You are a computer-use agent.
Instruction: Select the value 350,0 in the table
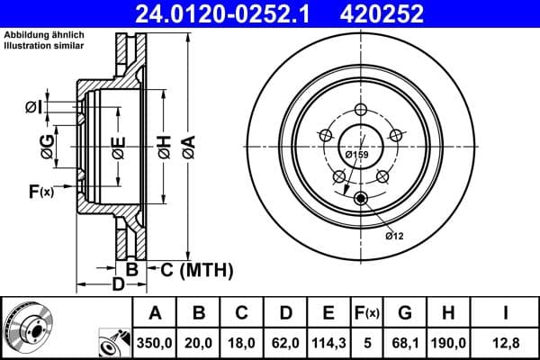tap(155, 342)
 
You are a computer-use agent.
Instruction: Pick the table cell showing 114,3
tap(328, 342)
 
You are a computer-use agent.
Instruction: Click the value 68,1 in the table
tap(404, 342)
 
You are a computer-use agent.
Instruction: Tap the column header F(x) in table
tap(366, 314)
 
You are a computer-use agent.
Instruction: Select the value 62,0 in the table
tap(284, 342)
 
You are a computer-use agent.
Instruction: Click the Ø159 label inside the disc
tap(357, 154)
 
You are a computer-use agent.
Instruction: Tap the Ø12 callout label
tap(393, 236)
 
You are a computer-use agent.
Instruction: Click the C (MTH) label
tap(196, 269)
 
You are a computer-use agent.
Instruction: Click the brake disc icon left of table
tap(27, 328)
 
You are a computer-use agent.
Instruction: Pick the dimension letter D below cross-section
tap(117, 286)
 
